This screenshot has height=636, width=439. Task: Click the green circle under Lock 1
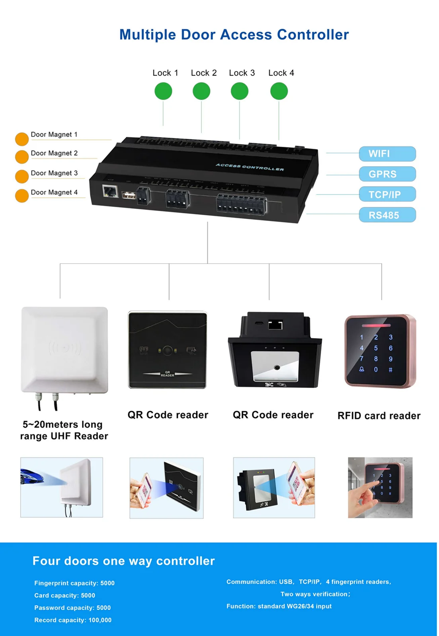[x=163, y=91]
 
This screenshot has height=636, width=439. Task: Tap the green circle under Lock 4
[x=279, y=91]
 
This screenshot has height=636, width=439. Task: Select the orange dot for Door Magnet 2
[x=21, y=157]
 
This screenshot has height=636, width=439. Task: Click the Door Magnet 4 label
[x=54, y=192]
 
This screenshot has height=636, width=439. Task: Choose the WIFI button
[x=387, y=154]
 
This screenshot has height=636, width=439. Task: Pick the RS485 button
[x=387, y=215]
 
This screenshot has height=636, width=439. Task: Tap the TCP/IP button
[x=387, y=194]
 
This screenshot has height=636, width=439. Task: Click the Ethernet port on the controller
[x=110, y=191]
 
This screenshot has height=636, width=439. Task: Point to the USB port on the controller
[x=128, y=195]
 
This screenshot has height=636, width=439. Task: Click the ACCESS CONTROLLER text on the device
[x=250, y=167]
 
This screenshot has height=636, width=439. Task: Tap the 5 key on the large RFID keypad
[x=376, y=348]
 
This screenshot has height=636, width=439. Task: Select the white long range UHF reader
[x=64, y=350]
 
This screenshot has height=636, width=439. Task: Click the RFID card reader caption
[x=379, y=416]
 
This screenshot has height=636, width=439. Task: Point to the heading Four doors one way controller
[x=123, y=561]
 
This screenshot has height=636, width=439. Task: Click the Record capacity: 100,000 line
[x=73, y=620]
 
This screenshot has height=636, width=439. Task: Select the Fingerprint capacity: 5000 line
[x=74, y=583]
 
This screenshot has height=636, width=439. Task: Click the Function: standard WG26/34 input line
[x=279, y=606]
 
